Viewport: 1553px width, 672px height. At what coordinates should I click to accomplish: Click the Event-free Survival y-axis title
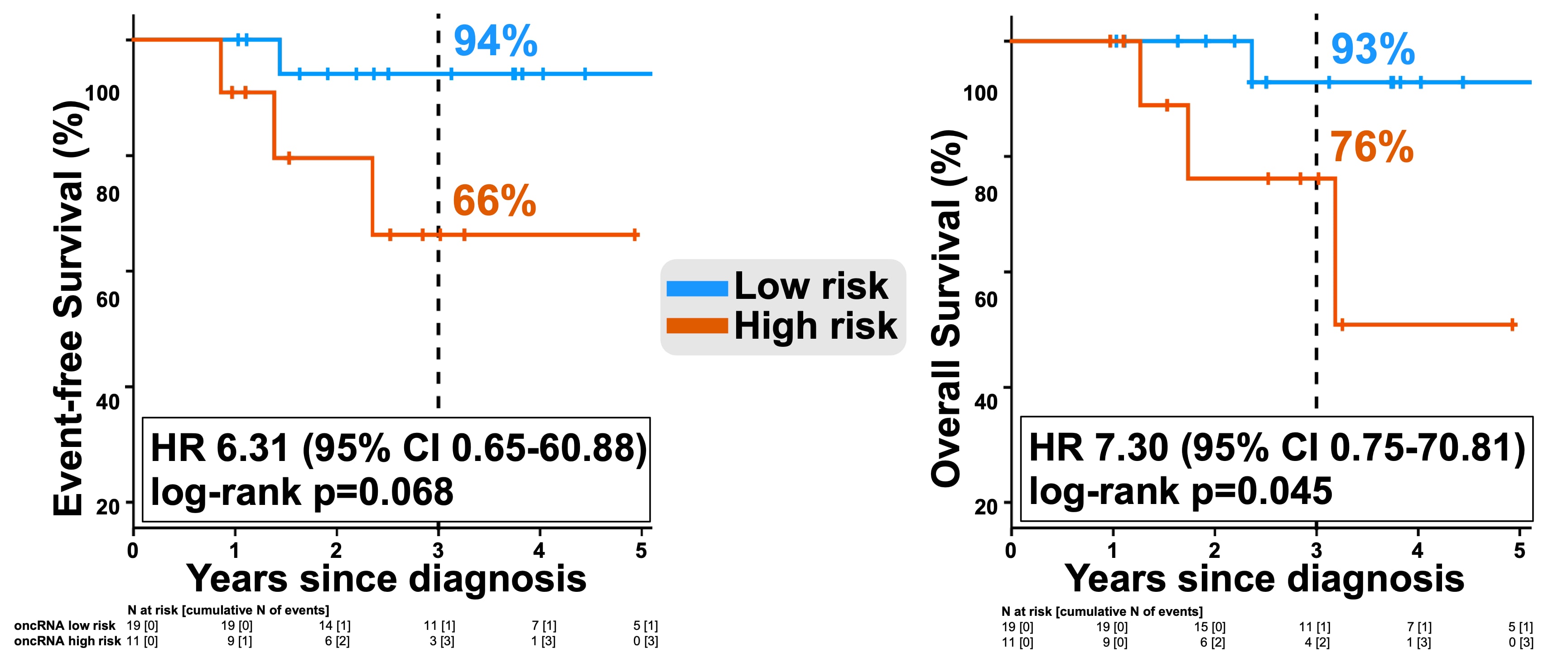pyautogui.click(x=68, y=307)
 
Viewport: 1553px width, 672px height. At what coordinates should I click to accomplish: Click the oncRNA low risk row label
pyautogui.click(x=64, y=626)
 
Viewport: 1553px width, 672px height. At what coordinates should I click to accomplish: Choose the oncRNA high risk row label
pyautogui.click(x=68, y=641)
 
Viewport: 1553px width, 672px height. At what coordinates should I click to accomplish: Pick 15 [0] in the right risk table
pyautogui.click(x=1210, y=627)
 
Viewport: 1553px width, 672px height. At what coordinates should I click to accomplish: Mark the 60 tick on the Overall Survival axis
pyautogui.click(x=986, y=299)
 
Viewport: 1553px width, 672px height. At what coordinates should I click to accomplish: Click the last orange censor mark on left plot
pyautogui.click(x=635, y=235)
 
